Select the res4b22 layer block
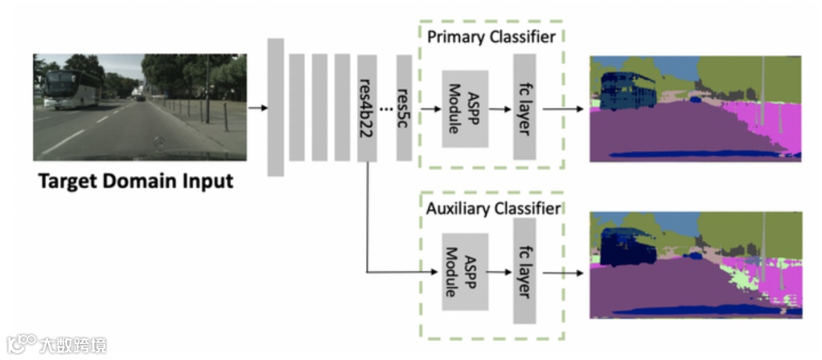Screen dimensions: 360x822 point(367,107)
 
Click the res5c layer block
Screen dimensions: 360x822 point(404,107)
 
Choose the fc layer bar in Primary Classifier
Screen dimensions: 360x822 point(524,107)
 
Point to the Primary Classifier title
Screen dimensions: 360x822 point(491,37)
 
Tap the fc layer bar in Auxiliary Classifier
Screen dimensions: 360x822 point(524,270)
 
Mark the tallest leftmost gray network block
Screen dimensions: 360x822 point(276,107)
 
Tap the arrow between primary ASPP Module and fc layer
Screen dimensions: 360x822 point(499,109)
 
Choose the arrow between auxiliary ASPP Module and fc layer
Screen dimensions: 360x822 point(499,272)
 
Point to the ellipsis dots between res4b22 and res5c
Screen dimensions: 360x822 point(386,107)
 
